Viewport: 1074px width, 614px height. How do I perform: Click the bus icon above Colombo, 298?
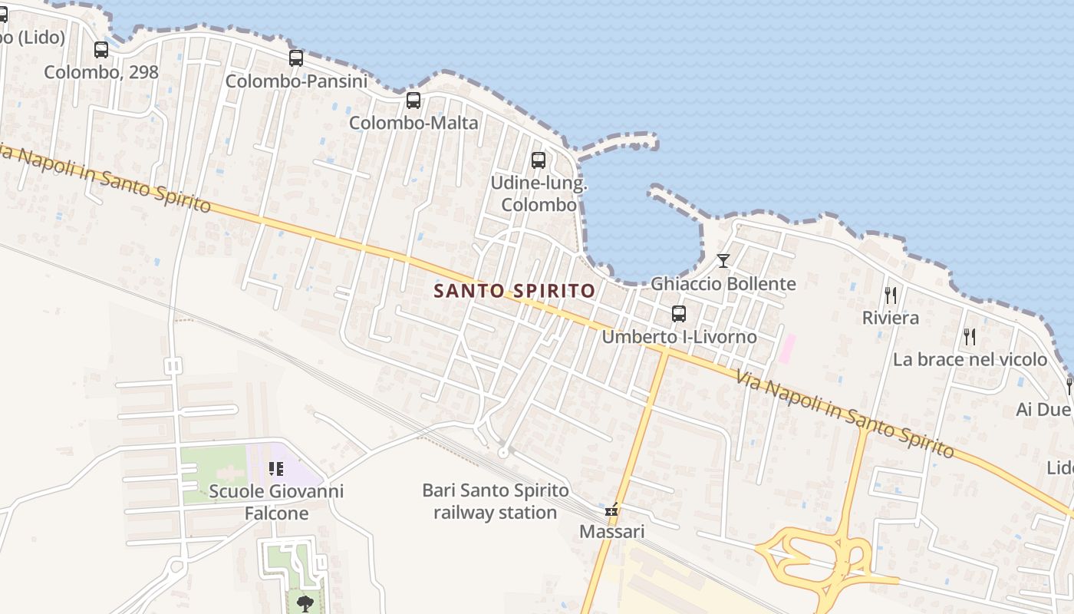pyautogui.click(x=101, y=50)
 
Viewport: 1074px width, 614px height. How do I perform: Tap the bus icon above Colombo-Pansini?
pyautogui.click(x=296, y=58)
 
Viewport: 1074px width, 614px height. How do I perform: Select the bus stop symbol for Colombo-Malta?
pyautogui.click(x=413, y=100)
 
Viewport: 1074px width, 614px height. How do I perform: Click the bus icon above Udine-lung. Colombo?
pyautogui.click(x=539, y=160)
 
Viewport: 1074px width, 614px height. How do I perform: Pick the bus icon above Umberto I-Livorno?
pyautogui.click(x=679, y=313)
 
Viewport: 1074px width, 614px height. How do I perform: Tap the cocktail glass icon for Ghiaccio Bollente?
pyautogui.click(x=723, y=261)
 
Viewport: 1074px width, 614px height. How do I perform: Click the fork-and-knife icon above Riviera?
pyautogui.click(x=891, y=295)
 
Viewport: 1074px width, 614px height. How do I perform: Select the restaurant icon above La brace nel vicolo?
pyautogui.click(x=970, y=336)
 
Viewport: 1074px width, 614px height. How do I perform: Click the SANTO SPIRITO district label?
pyautogui.click(x=514, y=291)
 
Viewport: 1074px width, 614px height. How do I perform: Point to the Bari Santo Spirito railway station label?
pyautogui.click(x=496, y=501)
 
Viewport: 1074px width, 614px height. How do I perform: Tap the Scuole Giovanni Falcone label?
pyautogui.click(x=276, y=502)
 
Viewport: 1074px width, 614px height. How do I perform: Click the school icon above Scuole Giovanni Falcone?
pyautogui.click(x=276, y=468)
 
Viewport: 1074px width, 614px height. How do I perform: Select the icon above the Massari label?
pyautogui.click(x=611, y=509)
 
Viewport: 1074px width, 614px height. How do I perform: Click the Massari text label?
pyautogui.click(x=611, y=531)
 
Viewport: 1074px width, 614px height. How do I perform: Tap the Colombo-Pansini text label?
pyautogui.click(x=296, y=81)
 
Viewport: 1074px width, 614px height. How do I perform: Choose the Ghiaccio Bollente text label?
pyautogui.click(x=723, y=284)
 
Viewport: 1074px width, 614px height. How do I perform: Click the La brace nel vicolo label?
pyautogui.click(x=970, y=359)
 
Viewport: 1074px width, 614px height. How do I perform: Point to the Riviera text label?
pyautogui.click(x=891, y=318)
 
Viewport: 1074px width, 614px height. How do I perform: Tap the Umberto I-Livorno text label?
pyautogui.click(x=679, y=337)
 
